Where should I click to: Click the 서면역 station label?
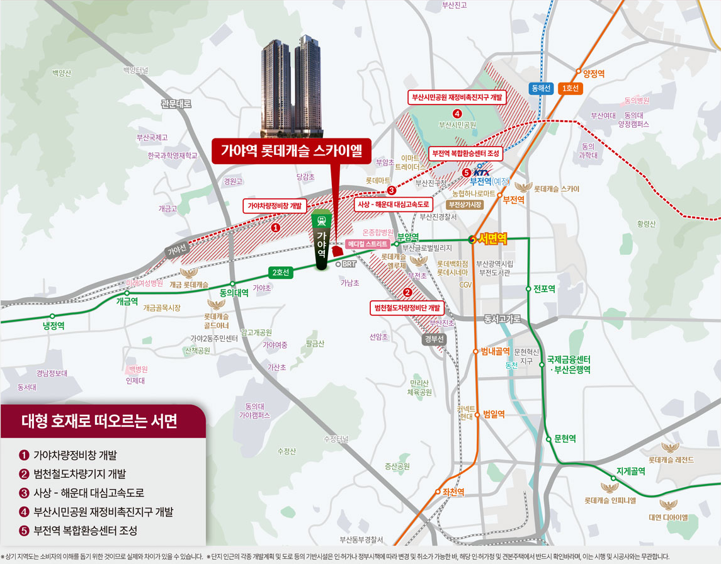(x=493, y=239)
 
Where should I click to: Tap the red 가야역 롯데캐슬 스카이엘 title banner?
(x=292, y=151)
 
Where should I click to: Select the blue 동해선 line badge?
(x=541, y=89)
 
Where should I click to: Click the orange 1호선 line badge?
(x=571, y=89)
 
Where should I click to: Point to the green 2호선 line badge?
(x=280, y=273)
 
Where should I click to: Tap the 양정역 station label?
(x=594, y=74)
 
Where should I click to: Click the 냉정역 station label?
(x=54, y=325)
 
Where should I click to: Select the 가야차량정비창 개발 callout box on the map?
(x=275, y=205)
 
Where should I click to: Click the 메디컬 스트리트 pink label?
(x=368, y=244)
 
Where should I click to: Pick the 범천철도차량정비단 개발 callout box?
(x=407, y=308)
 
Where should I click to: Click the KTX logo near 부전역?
(x=480, y=172)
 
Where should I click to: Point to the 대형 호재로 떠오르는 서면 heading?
(x=99, y=421)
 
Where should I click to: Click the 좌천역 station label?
(x=450, y=492)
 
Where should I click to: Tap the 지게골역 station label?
(x=630, y=471)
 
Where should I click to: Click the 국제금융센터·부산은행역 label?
(x=569, y=364)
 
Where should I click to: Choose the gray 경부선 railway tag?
(x=434, y=339)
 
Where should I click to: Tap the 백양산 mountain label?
(x=62, y=74)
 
